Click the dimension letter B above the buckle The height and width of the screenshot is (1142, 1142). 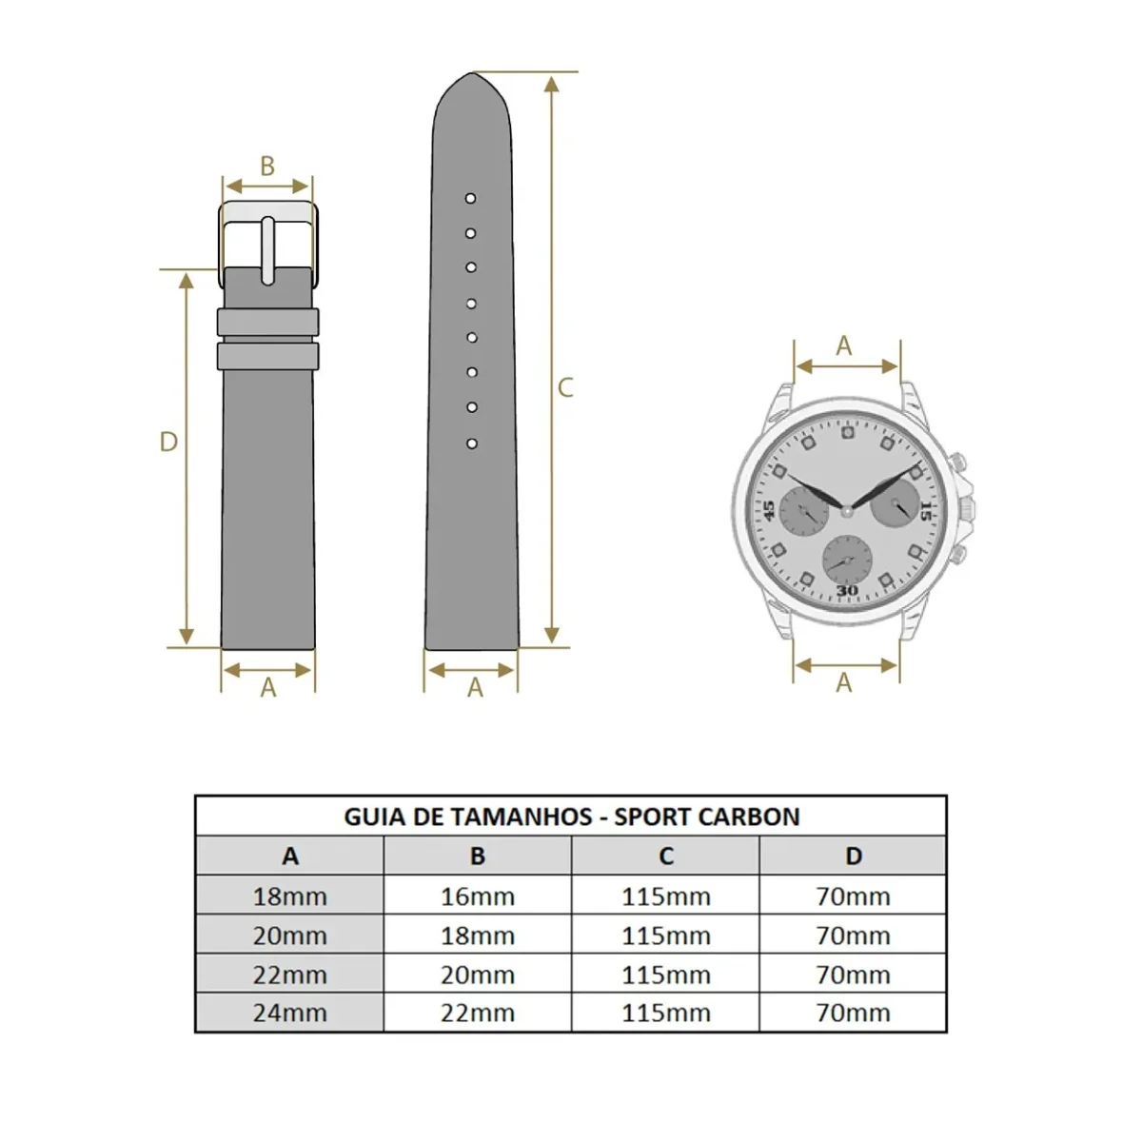(x=267, y=166)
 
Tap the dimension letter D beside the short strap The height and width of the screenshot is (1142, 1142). (x=168, y=442)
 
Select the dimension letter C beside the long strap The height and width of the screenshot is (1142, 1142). (x=565, y=388)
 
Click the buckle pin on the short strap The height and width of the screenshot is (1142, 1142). (x=267, y=250)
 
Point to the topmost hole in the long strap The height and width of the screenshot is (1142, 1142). (x=470, y=199)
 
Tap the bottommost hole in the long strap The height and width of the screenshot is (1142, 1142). (x=472, y=443)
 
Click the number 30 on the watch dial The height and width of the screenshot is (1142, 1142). (x=848, y=590)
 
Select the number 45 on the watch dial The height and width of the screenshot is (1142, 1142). (x=769, y=510)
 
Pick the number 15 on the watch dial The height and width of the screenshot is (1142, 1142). (x=926, y=510)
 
